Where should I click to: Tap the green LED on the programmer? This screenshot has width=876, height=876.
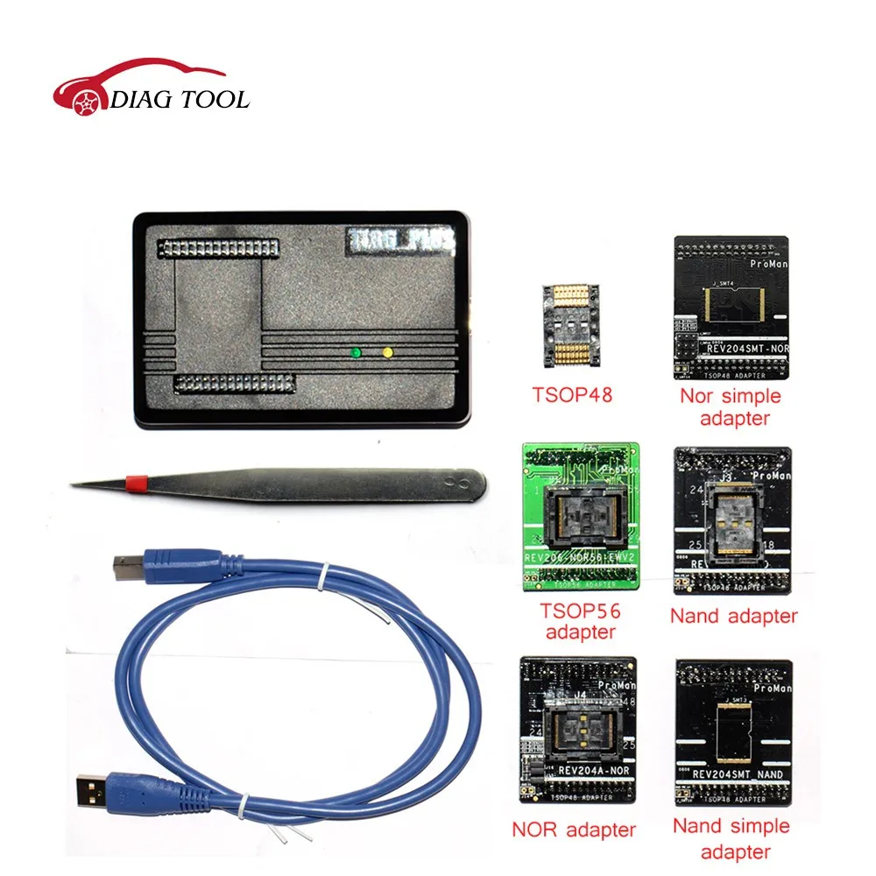coord(356,353)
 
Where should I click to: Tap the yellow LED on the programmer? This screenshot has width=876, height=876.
coord(388,353)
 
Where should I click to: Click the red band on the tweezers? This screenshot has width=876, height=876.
coord(135,481)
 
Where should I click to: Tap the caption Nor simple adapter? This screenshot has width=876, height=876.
coord(730,406)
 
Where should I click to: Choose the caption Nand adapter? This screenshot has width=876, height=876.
coord(733,617)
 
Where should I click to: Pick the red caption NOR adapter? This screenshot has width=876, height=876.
coord(575,829)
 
